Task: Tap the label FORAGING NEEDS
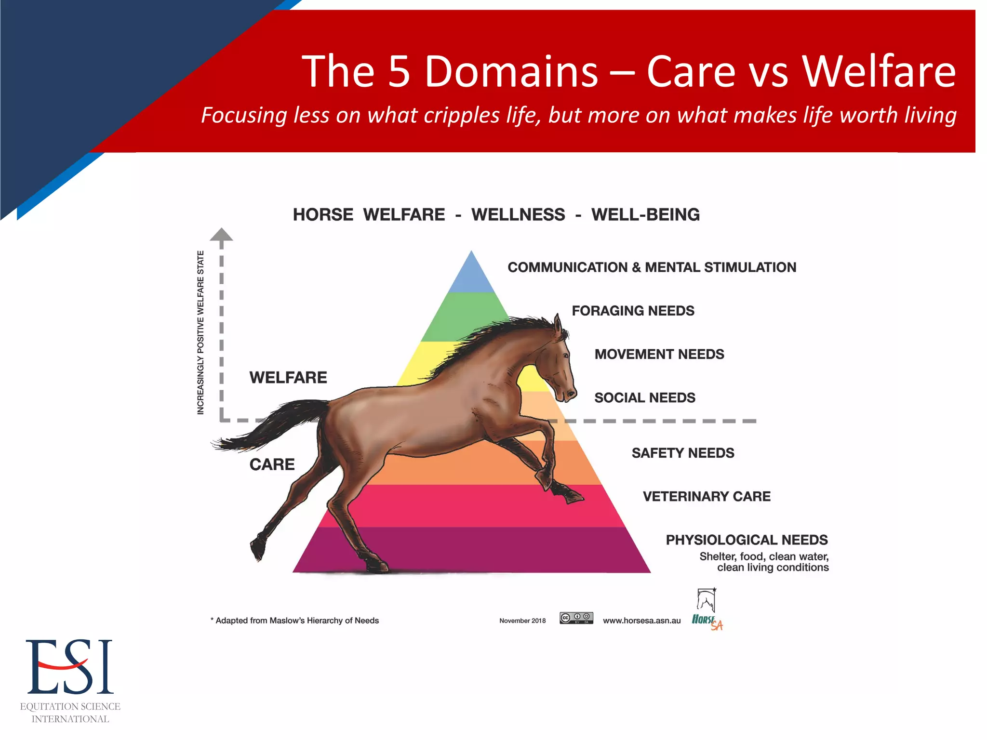(x=633, y=311)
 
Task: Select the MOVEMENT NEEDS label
(x=659, y=354)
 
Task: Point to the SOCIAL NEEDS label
(x=644, y=397)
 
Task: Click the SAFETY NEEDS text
(x=682, y=453)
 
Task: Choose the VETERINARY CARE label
(x=706, y=496)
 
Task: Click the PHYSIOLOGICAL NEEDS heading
(x=746, y=540)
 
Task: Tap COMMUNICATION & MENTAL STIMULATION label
(x=652, y=267)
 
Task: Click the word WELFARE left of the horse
(x=288, y=377)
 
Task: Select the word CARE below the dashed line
(x=272, y=464)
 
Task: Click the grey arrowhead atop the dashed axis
(x=221, y=235)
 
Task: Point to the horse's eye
(x=566, y=355)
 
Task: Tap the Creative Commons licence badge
(x=576, y=618)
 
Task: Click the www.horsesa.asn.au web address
(x=641, y=621)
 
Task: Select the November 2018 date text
(x=522, y=621)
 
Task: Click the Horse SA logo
(x=707, y=609)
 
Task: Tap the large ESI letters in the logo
(x=70, y=667)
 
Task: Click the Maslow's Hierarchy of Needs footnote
(x=295, y=621)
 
